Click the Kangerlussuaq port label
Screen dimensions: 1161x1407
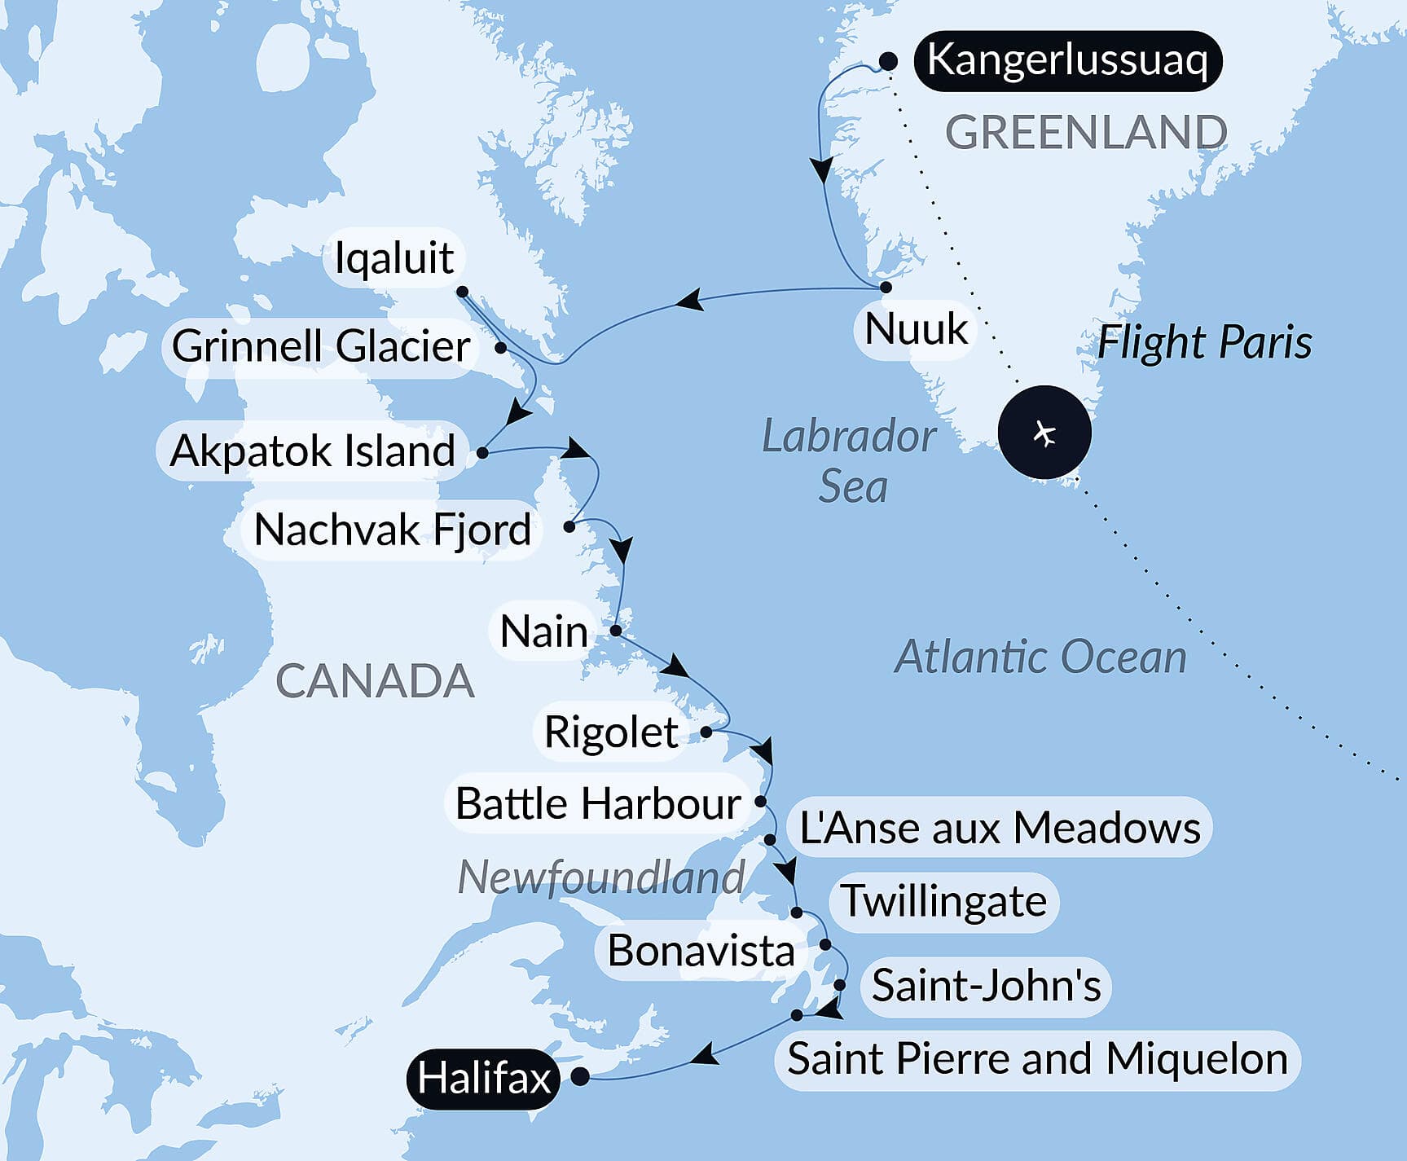click(x=1067, y=61)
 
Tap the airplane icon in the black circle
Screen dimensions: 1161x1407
click(x=1044, y=433)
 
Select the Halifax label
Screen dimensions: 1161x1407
click(x=484, y=1079)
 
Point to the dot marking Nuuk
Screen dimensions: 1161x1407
click(x=886, y=287)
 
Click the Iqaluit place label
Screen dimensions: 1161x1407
click(x=394, y=258)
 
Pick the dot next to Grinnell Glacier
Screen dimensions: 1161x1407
click(x=501, y=347)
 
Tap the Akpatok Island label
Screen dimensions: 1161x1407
click(x=312, y=451)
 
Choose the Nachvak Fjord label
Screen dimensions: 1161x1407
click(x=393, y=530)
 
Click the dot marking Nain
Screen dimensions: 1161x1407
click(x=616, y=631)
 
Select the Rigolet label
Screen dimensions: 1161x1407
click(x=611, y=732)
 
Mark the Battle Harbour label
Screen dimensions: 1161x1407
click(x=598, y=804)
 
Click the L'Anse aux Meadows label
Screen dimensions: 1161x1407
click(x=1000, y=828)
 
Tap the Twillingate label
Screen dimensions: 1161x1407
click(x=943, y=901)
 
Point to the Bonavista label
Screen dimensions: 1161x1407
click(x=701, y=951)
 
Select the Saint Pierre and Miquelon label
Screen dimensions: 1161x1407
click(x=1037, y=1059)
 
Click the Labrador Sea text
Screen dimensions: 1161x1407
click(x=850, y=461)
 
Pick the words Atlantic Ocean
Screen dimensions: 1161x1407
click(x=1040, y=657)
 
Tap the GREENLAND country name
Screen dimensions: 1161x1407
click(x=1086, y=132)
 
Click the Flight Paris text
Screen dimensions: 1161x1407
click(x=1204, y=342)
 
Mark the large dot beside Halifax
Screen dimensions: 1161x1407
click(x=580, y=1076)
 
